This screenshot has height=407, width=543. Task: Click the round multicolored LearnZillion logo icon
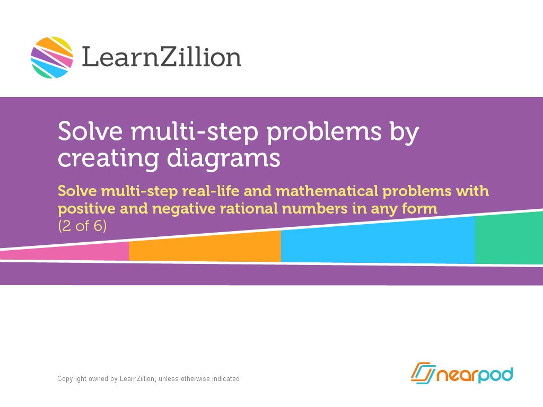click(x=52, y=57)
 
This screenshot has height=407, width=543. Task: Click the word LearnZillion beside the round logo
click(x=161, y=57)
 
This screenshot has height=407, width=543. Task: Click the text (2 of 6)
click(x=82, y=226)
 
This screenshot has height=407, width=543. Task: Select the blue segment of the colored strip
click(x=378, y=241)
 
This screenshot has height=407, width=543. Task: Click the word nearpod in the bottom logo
click(x=475, y=374)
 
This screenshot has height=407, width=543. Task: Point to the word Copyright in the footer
click(x=72, y=379)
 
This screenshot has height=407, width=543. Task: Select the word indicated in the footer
click(x=225, y=379)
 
